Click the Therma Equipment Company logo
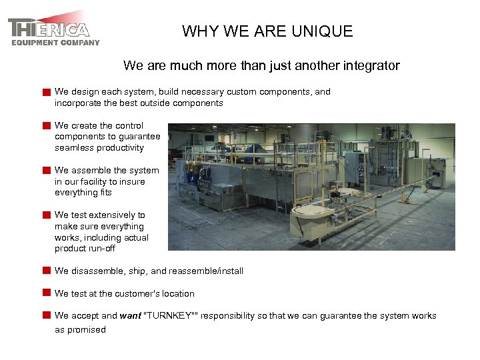[x=53, y=29]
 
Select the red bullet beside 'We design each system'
[x=46, y=92]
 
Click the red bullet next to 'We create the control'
[x=46, y=125]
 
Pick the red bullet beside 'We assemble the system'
[x=46, y=171]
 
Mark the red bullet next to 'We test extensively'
[x=46, y=215]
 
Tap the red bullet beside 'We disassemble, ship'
[x=46, y=271]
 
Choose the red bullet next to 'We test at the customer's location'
[x=46, y=293]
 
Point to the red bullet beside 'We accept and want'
[x=46, y=316]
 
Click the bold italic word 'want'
[x=130, y=316]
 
